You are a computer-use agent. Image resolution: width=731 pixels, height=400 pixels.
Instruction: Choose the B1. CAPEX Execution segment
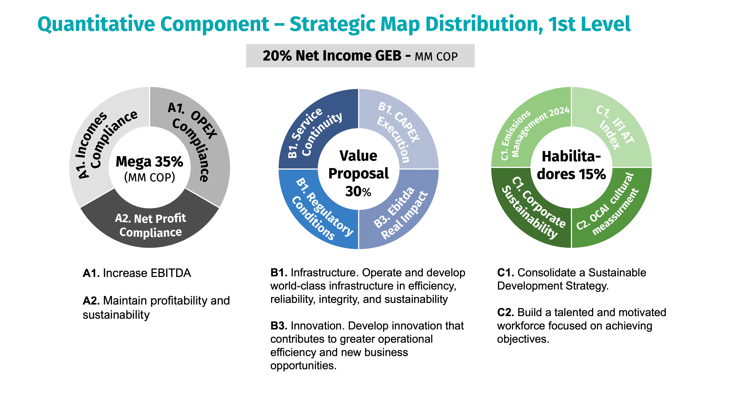403,131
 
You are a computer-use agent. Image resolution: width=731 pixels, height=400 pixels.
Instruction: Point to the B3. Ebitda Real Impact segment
403,213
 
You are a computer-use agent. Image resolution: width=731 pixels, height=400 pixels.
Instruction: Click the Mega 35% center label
150,162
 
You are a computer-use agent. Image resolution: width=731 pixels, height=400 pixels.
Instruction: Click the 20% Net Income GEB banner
360,56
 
